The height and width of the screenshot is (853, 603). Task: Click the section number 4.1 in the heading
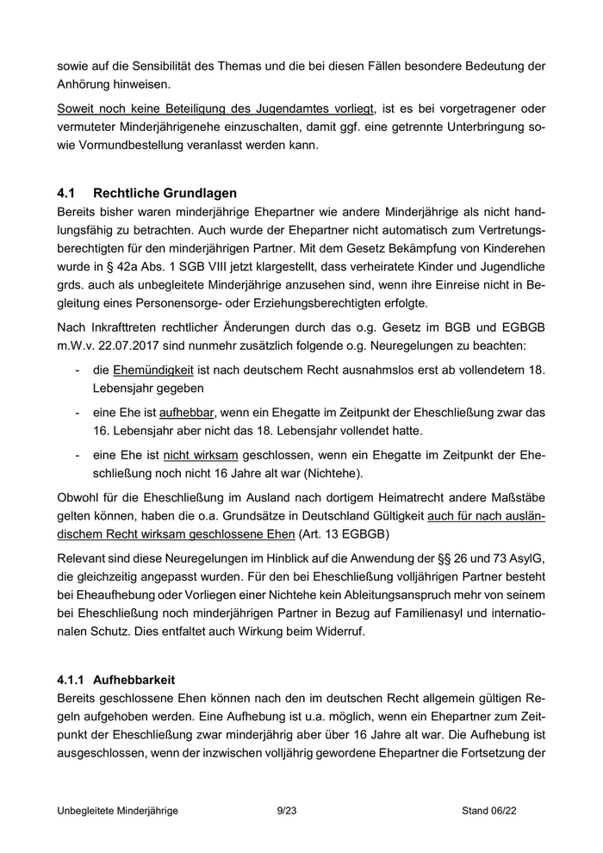(67, 193)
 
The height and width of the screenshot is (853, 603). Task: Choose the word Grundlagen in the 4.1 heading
(189, 193)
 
